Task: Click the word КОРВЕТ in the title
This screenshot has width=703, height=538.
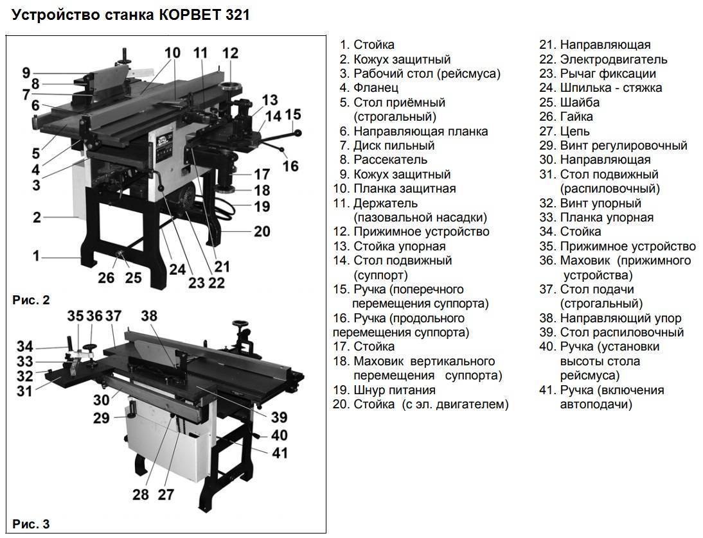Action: pos(188,15)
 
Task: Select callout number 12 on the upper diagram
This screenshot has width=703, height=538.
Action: pos(230,53)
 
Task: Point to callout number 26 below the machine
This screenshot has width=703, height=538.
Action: pos(106,277)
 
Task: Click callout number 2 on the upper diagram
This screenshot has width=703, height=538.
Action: pos(37,218)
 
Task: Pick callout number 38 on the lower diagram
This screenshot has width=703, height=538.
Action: pos(149,316)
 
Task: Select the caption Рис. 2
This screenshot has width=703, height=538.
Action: pos(31,300)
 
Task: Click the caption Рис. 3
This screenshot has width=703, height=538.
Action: pos(31,524)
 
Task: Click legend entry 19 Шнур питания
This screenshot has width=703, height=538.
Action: pos(384,390)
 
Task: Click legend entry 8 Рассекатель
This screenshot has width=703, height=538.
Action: pos(384,160)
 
